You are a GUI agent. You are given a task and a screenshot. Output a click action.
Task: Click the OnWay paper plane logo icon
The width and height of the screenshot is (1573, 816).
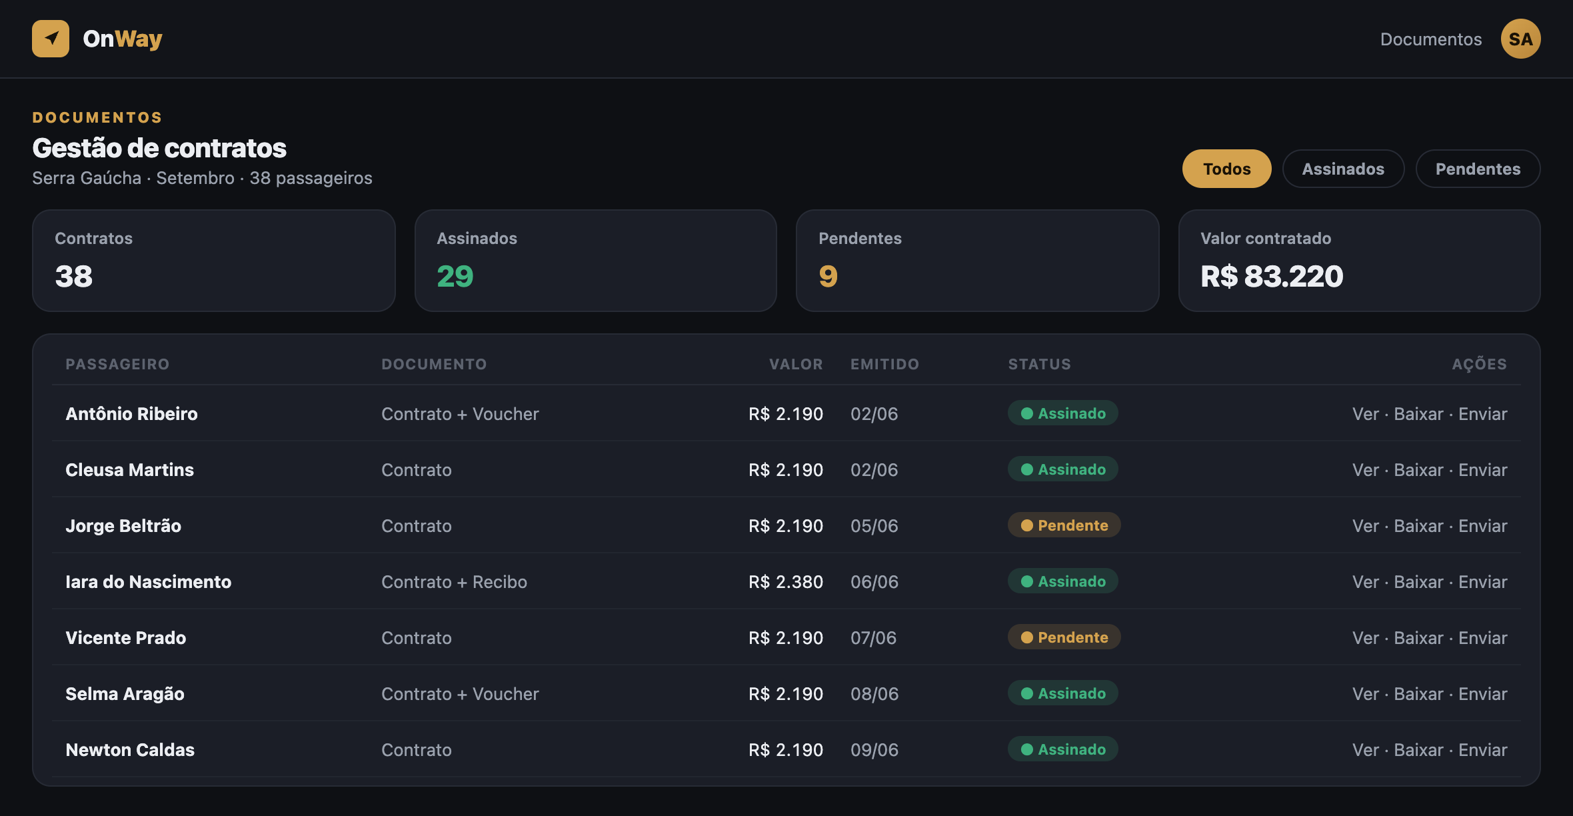[51, 39]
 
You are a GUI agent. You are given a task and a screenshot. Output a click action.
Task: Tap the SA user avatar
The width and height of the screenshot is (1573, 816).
[1520, 39]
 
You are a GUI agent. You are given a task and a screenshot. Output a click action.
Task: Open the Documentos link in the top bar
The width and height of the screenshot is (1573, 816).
[1431, 39]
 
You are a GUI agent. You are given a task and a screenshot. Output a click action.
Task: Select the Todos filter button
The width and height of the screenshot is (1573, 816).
[1226, 169]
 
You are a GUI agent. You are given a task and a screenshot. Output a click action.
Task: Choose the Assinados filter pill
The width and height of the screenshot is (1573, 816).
[1343, 169]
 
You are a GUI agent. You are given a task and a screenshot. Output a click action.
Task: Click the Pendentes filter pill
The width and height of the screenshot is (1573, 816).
[1478, 169]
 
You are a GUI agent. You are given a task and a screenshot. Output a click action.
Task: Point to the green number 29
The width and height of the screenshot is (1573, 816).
[455, 276]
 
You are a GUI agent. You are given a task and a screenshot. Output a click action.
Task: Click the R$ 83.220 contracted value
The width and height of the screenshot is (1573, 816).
[1272, 276]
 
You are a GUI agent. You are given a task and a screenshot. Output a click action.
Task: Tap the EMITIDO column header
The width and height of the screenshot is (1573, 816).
[884, 364]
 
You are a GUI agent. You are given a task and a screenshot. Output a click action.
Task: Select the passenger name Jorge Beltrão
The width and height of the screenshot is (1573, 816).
[123, 526]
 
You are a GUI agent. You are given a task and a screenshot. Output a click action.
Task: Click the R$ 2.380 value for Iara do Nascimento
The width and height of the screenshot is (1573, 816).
[786, 582]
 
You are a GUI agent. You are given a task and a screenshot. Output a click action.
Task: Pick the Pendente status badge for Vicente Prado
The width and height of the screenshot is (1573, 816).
[1064, 637]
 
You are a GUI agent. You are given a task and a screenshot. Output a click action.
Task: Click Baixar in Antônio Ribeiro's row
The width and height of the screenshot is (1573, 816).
[1418, 414]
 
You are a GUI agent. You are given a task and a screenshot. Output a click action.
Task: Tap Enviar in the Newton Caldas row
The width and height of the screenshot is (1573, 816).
[1482, 750]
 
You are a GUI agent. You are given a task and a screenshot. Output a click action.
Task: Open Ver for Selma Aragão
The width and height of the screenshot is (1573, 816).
[1366, 694]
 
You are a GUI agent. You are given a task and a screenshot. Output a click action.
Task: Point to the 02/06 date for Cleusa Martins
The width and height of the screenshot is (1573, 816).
[874, 470]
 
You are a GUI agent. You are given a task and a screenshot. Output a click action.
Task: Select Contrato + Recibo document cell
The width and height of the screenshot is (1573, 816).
[454, 582]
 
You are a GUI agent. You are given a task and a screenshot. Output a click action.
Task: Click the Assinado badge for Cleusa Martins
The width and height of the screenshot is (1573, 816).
[1062, 469]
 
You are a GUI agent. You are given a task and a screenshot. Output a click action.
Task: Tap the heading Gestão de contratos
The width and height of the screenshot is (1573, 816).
[159, 148]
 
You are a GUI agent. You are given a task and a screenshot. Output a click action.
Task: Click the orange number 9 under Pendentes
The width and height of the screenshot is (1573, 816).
[828, 276]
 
